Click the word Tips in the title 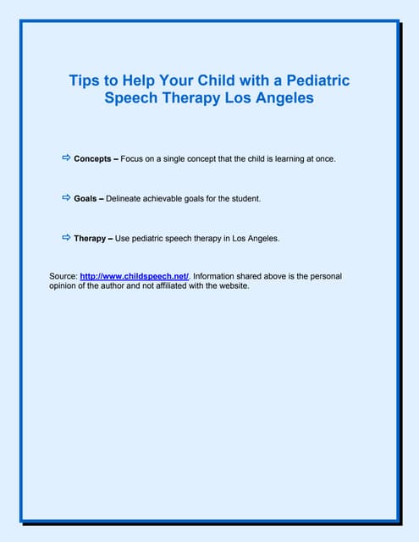coord(83,81)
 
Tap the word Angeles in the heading coord(285,97)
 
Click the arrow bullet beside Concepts coord(66,158)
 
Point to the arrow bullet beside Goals coord(66,197)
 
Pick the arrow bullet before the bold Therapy coord(66,238)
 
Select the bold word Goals coord(85,198)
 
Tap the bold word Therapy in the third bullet coord(90,239)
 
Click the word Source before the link coord(63,276)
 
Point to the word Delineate coord(124,198)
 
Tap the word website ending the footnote coord(231,286)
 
